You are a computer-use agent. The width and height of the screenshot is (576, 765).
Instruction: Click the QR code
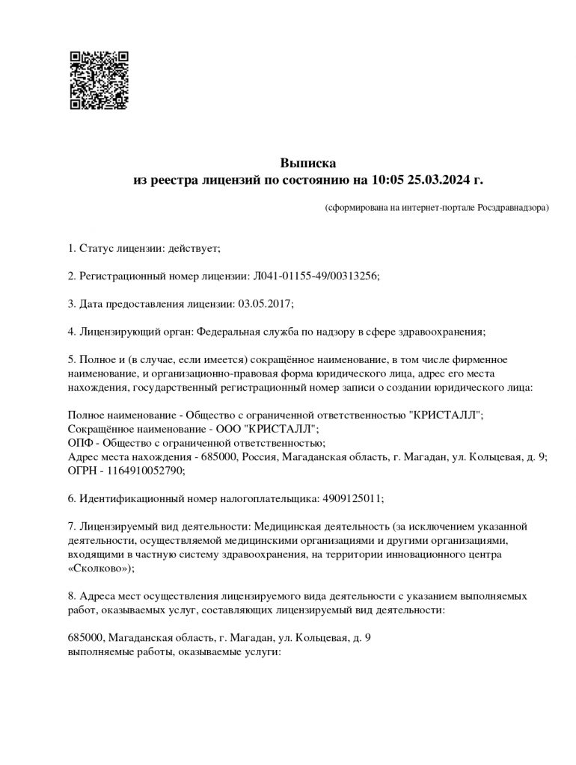99,80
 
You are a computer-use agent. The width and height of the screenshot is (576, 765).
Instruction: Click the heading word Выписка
308,162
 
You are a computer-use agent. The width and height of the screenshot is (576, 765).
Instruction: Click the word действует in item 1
193,248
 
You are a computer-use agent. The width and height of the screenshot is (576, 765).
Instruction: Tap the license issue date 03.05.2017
266,303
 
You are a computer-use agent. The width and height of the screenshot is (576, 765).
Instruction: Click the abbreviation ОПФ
80,443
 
